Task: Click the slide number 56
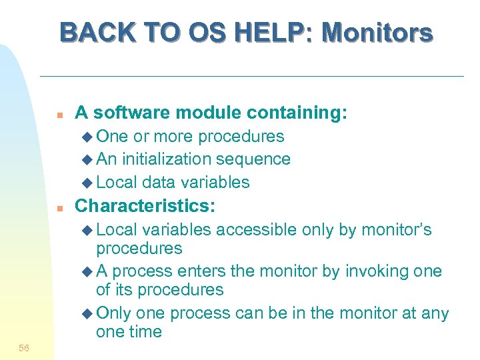click(x=24, y=348)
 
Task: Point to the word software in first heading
click(x=125, y=113)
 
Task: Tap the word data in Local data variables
click(x=159, y=182)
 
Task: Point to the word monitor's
click(x=396, y=230)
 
